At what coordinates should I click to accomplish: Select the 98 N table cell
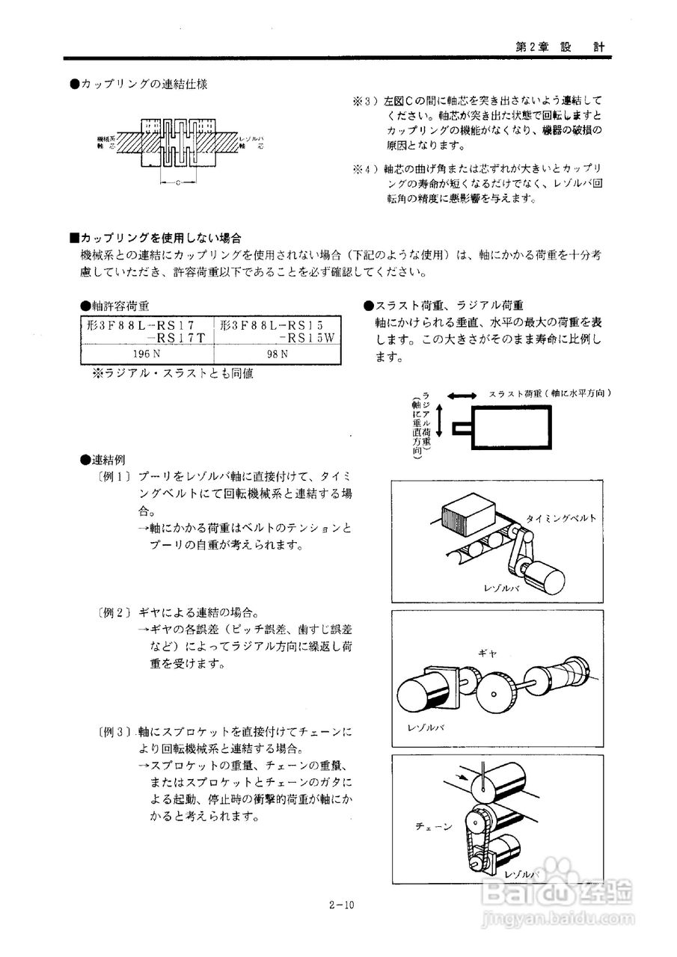click(x=278, y=353)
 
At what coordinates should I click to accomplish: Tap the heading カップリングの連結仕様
click(x=138, y=84)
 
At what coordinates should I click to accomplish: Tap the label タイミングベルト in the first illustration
click(x=561, y=517)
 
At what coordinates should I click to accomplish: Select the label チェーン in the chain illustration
click(x=435, y=826)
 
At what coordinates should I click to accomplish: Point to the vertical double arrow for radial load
click(x=440, y=421)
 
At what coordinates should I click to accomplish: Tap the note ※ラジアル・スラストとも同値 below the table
click(x=172, y=373)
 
